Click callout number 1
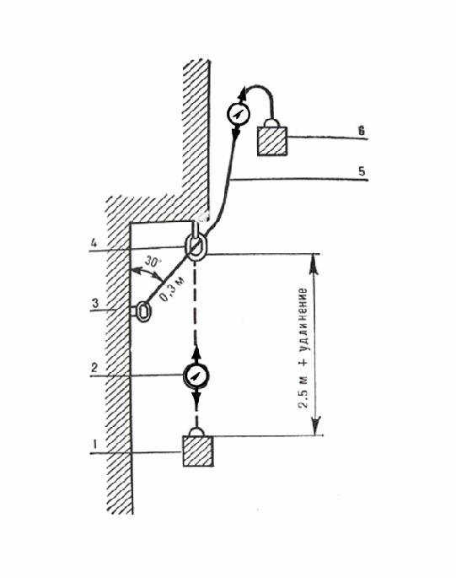[94, 444]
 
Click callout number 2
[94, 368]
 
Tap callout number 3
[95, 303]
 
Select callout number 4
[94, 243]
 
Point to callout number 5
[362, 170]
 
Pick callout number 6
[362, 131]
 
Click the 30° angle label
[153, 262]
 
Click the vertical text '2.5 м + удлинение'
[303, 348]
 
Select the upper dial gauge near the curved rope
[239, 114]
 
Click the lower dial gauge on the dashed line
[196, 375]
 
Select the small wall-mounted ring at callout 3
[143, 311]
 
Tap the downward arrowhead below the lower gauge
[196, 397]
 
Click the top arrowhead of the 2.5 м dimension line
[314, 262]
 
